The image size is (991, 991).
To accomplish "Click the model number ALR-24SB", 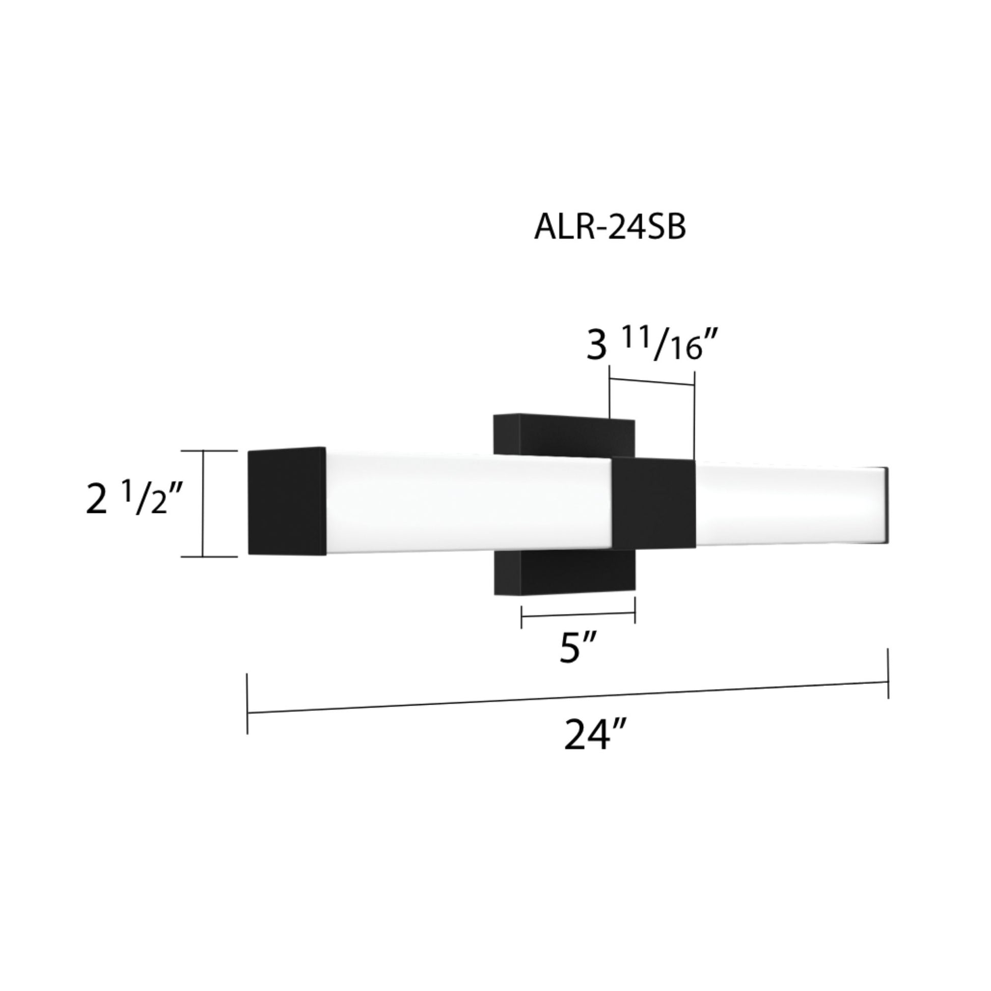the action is tap(610, 227).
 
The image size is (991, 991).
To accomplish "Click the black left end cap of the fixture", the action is tap(287, 501).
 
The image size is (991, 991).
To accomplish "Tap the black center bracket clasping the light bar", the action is tap(654, 503).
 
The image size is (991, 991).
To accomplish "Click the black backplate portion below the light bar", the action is tap(564, 572).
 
